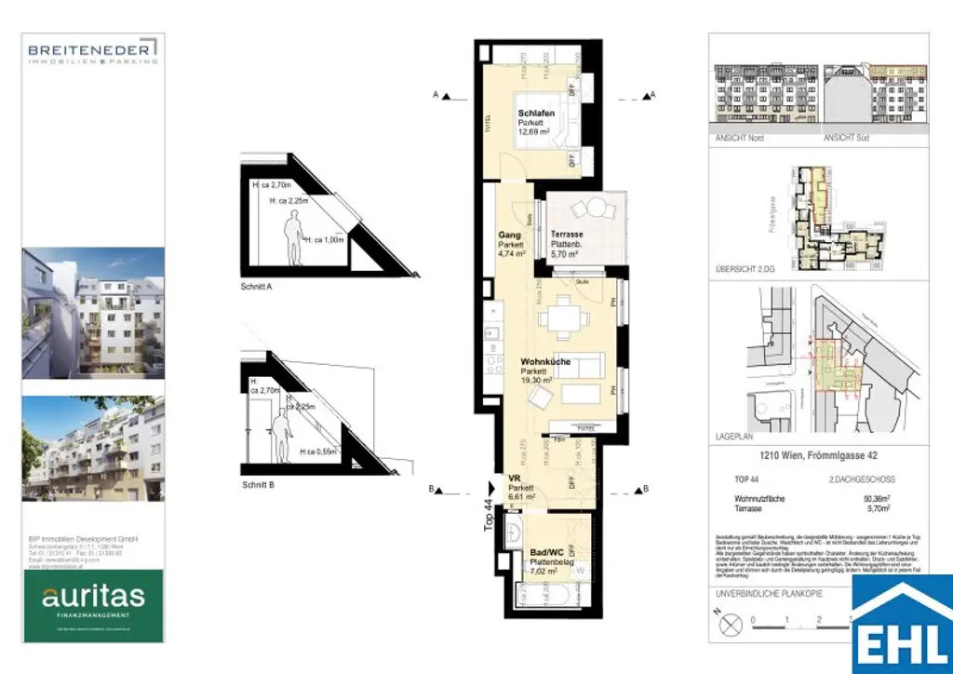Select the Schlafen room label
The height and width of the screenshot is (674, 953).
[x=536, y=114]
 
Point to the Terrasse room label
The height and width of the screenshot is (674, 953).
[x=568, y=236]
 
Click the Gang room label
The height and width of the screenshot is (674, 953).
[x=508, y=236]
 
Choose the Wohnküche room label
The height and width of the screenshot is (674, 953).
[x=545, y=361]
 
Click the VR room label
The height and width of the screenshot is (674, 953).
[x=514, y=479]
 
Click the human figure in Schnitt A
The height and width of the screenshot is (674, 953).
[x=294, y=238]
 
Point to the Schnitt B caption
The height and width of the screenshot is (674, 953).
[x=257, y=485]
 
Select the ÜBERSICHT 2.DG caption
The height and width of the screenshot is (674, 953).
[x=744, y=268]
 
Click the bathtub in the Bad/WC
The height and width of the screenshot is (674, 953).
[x=540, y=595]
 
